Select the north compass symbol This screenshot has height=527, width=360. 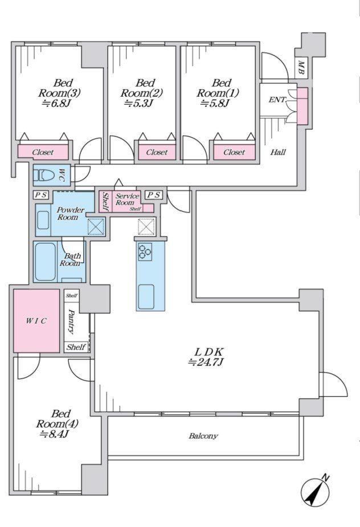click(x=315, y=491)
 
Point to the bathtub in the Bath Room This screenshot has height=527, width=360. click(x=45, y=261)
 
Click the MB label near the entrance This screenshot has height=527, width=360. click(x=301, y=67)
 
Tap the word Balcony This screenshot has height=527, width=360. click(x=203, y=436)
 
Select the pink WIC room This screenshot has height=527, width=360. click(x=36, y=321)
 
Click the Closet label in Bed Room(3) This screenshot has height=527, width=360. click(x=43, y=153)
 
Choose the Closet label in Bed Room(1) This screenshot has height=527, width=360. click(x=234, y=153)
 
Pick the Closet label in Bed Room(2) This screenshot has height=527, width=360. click(x=157, y=153)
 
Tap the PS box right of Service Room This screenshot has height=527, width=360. click(x=154, y=195)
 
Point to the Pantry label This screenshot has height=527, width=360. click(x=72, y=322)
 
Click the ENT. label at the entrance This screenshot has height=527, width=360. click(x=277, y=100)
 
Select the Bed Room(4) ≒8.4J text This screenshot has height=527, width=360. click(x=57, y=423)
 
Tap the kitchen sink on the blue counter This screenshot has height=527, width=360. click(x=146, y=297)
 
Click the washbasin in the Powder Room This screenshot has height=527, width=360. click(x=43, y=220)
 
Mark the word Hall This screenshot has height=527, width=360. click(x=278, y=153)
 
